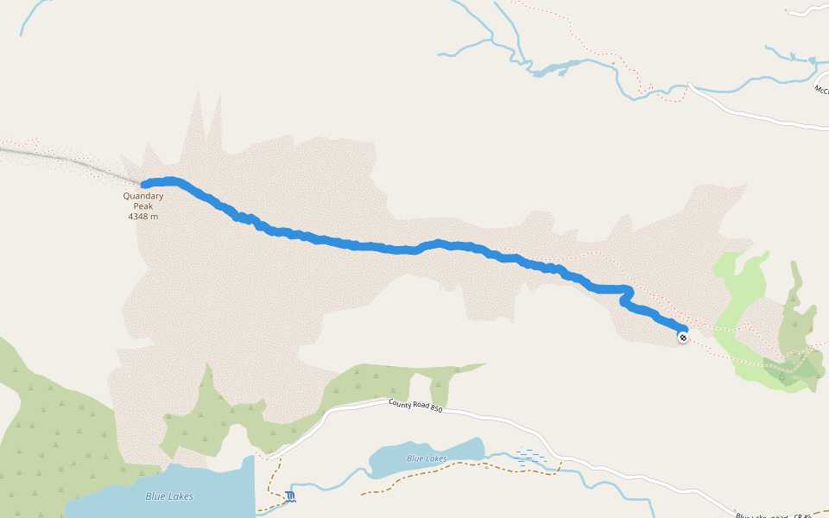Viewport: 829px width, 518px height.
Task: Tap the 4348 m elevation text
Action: pos(142,217)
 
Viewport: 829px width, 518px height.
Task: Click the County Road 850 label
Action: pos(415,406)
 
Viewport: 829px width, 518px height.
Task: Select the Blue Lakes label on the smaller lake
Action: pos(427,458)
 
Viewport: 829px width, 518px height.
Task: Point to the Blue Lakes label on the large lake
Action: pos(169,496)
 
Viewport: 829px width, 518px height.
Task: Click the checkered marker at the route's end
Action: pos(683,338)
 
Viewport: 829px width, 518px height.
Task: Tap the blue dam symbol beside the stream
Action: pos(290,496)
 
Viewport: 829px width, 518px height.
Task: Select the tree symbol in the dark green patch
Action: pos(782,376)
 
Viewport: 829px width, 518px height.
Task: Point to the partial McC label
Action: pos(820,89)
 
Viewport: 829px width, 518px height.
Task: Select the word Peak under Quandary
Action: pos(142,205)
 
